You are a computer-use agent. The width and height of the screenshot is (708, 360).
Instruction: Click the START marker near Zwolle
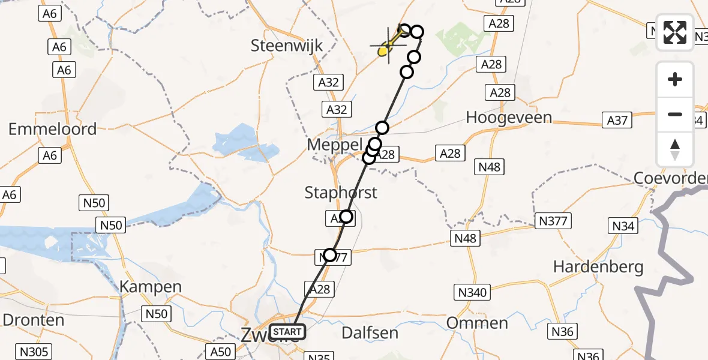[287, 332]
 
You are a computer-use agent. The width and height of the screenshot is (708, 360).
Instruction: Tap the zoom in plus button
[675, 79]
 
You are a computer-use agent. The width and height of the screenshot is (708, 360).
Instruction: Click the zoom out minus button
[675, 114]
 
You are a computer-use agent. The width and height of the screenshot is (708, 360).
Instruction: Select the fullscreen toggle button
[675, 32]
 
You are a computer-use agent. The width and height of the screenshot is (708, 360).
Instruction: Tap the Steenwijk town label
[287, 46]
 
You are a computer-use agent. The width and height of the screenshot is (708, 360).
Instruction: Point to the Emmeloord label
[52, 129]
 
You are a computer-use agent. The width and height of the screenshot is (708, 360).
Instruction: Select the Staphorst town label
[341, 193]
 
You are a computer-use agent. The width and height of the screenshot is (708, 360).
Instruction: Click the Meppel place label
[334, 145]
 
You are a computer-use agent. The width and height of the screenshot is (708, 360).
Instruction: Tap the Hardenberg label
[598, 267]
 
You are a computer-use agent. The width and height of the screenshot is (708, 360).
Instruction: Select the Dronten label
[33, 320]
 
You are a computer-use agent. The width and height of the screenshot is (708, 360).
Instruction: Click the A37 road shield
[617, 121]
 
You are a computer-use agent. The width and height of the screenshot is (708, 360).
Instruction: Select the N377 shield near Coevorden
[553, 221]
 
